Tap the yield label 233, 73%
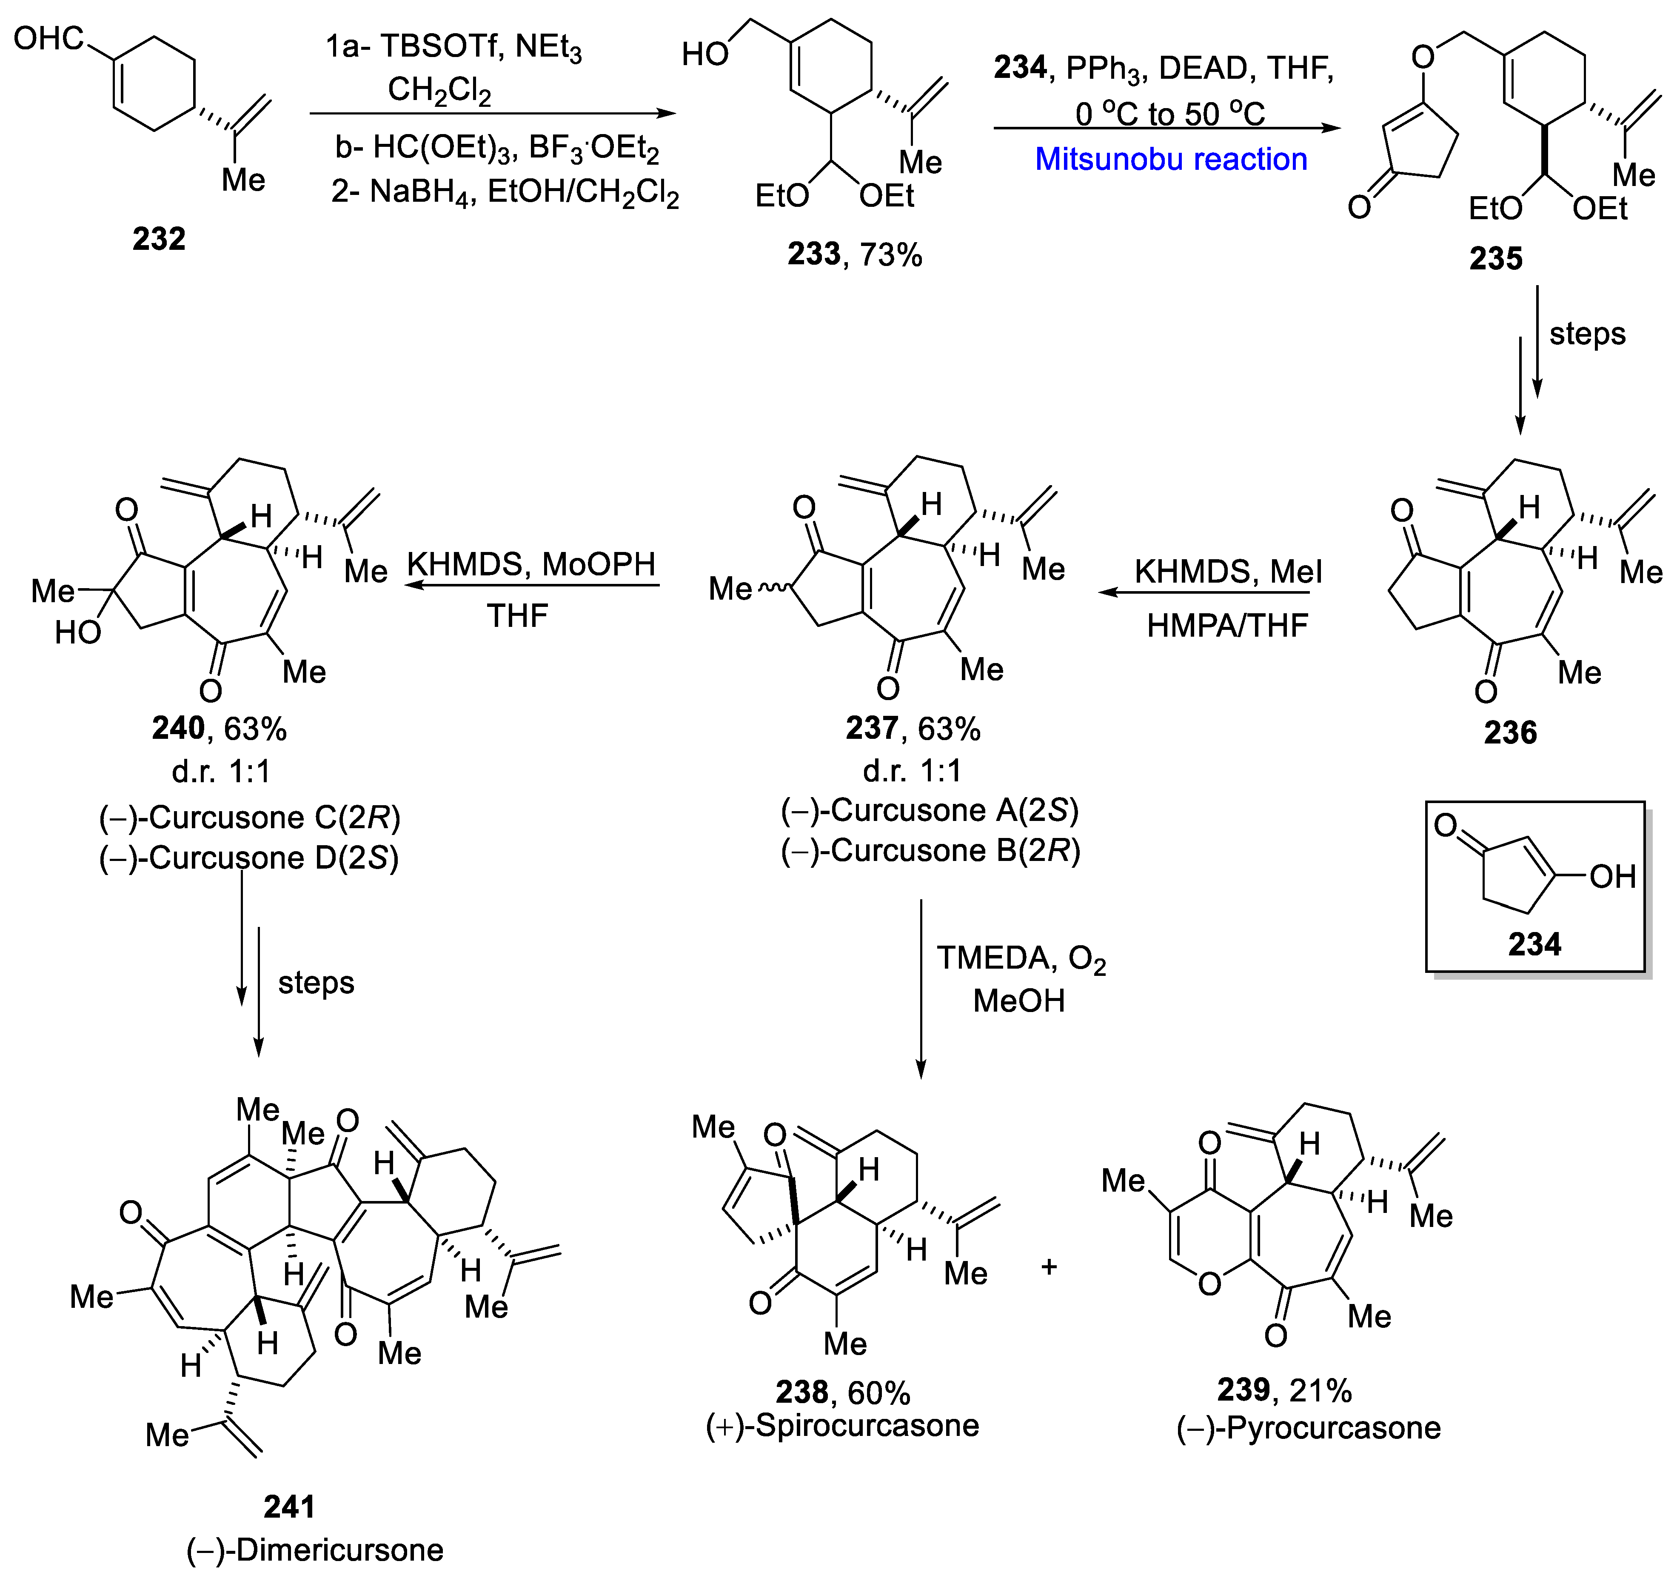coord(854,254)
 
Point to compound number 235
coord(1495,258)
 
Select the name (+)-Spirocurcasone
coord(842,1425)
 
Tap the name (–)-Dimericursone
coord(314,1550)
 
